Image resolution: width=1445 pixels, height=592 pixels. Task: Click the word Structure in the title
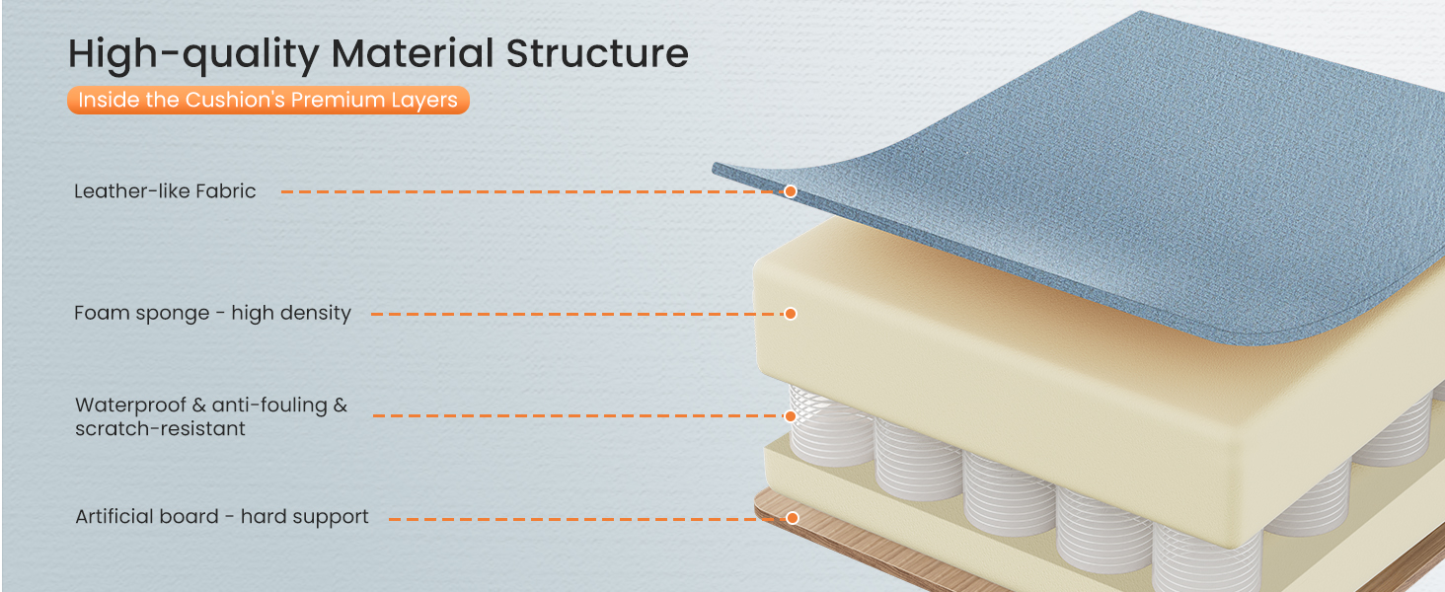pos(597,53)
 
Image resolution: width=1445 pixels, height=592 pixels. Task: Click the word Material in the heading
pos(413,53)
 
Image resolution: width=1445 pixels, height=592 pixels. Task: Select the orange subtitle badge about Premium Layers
pos(268,100)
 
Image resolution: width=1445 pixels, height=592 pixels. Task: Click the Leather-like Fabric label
pos(165,190)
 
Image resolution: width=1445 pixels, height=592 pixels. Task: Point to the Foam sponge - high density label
pos(213,314)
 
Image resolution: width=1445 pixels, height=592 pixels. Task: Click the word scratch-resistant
pos(160,429)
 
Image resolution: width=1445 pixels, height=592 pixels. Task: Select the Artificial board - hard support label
pos(222,517)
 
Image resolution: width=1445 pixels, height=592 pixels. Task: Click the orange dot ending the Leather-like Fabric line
pos(791,191)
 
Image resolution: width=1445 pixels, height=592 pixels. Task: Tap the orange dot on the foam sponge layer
pos(791,314)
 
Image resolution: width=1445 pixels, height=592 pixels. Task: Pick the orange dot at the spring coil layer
pos(791,416)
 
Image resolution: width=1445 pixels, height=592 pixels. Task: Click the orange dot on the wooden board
pos(793,518)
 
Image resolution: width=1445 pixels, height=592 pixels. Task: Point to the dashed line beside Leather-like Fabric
pos(532,191)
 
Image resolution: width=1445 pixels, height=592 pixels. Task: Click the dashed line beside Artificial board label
pos(587,518)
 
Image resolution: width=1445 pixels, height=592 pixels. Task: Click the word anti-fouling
pos(269,405)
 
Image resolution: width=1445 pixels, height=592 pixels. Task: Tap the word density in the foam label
pos(316,314)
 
